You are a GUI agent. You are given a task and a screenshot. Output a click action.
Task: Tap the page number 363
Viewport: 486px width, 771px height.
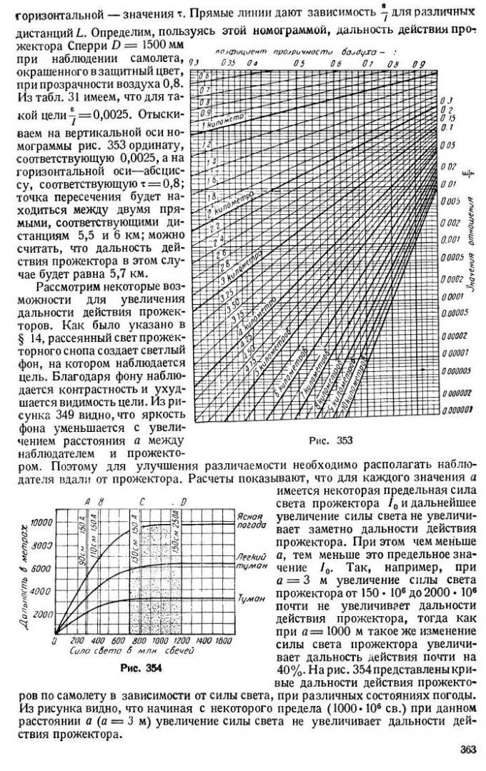(465, 749)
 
